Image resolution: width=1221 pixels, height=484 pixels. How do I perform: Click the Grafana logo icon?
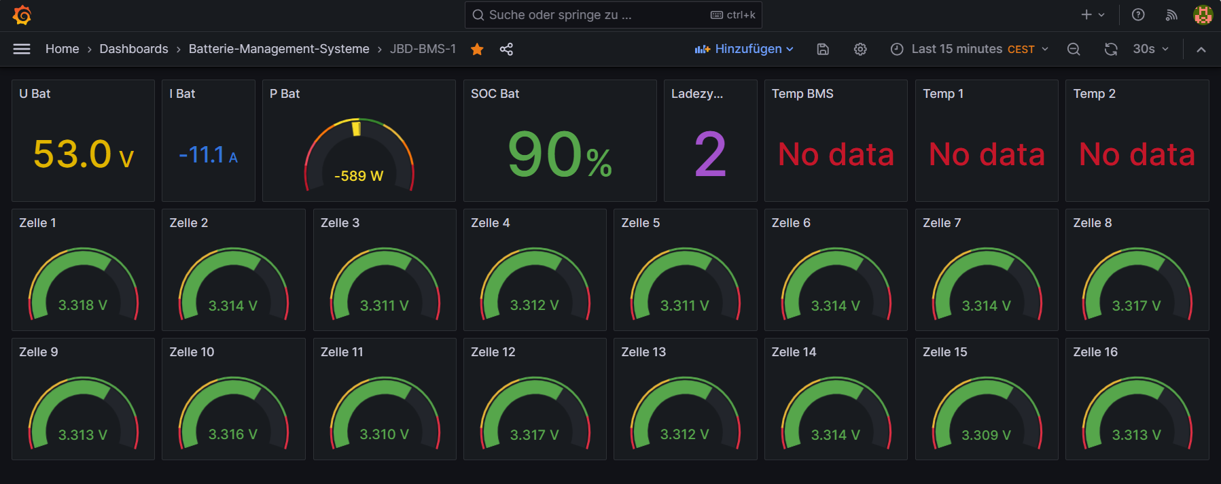[22, 15]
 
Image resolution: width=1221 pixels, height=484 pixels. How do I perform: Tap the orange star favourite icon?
[477, 49]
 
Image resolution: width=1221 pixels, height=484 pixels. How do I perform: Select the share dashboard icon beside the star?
[506, 49]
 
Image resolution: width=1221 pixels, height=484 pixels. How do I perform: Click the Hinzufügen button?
[744, 49]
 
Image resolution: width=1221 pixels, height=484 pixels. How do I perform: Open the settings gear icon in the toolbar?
[860, 49]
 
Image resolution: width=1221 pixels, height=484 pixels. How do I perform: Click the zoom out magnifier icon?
[1074, 49]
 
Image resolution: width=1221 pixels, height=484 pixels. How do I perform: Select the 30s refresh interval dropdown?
[1150, 49]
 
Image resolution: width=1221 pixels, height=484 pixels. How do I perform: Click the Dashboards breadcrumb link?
[134, 49]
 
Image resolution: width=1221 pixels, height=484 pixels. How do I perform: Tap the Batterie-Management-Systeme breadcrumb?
[279, 49]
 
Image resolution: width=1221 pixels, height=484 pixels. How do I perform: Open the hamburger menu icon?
[22, 49]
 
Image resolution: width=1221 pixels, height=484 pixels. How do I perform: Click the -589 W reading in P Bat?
[359, 176]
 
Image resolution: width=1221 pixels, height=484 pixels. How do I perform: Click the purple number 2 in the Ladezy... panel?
[710, 155]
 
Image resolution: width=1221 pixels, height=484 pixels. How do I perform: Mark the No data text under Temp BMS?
[836, 155]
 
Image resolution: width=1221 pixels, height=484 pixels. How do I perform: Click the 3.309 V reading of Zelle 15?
[986, 435]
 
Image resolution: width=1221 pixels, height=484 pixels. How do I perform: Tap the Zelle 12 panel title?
[493, 352]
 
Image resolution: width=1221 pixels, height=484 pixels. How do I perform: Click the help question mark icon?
[1138, 15]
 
